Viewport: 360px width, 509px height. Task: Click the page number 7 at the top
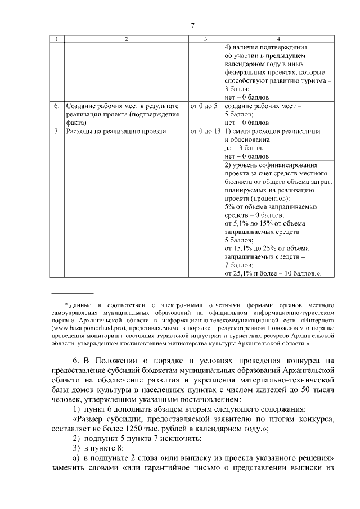(192, 25)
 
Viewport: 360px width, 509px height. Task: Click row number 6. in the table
(57, 106)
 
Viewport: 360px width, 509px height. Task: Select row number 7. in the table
(57, 131)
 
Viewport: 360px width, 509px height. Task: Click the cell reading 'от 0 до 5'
(204, 106)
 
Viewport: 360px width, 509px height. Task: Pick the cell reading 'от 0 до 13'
(205, 131)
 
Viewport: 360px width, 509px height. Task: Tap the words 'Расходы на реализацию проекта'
(116, 131)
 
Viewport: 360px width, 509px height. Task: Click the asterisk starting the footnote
(66, 304)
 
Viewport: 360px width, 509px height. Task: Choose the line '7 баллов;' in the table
(238, 264)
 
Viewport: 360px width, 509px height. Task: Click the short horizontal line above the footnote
(65, 293)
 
